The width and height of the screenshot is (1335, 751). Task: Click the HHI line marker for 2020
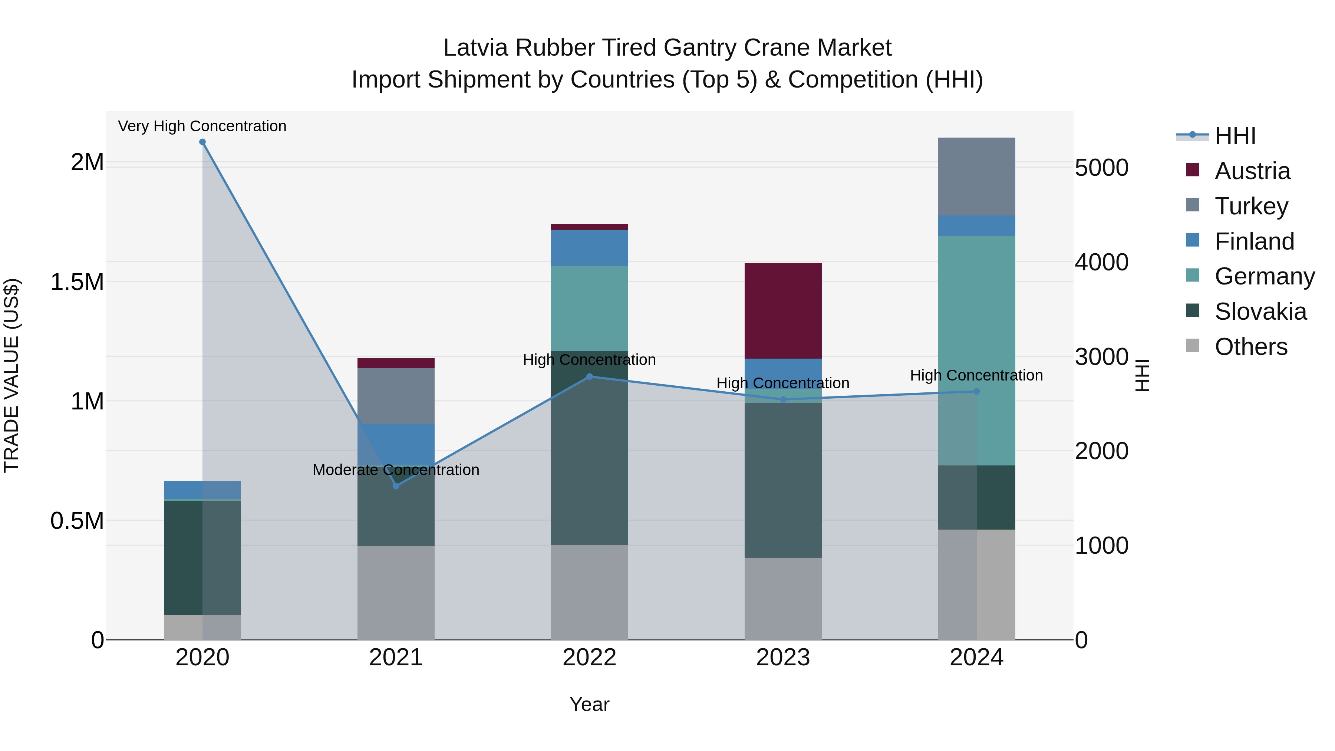point(202,142)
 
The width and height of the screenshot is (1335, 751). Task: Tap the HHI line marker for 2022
point(589,377)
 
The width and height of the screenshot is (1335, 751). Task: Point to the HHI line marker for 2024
point(976,391)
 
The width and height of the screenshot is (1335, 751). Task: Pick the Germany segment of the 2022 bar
point(589,309)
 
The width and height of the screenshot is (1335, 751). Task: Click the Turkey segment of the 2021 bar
point(396,396)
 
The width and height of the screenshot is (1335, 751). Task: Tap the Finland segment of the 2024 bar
point(976,225)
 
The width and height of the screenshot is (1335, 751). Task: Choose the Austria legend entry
point(1252,171)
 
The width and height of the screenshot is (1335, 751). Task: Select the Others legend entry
point(1250,347)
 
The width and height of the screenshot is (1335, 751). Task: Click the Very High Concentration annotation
point(202,126)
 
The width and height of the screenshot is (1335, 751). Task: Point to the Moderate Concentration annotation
point(396,470)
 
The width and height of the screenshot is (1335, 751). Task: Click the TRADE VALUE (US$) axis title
point(11,375)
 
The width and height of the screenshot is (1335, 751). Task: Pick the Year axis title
point(589,704)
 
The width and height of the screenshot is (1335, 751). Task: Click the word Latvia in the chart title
point(475,48)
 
